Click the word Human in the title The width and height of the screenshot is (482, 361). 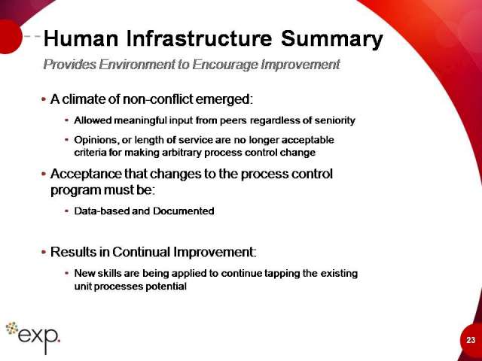tap(81, 38)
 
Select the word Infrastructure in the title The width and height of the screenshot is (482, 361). tap(199, 38)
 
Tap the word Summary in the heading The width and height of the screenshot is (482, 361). tap(331, 40)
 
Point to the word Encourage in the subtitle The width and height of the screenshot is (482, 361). tap(225, 65)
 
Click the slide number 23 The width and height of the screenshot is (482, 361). tap(471, 340)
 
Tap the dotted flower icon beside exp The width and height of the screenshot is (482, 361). tap(12, 328)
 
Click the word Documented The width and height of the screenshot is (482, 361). tap(184, 211)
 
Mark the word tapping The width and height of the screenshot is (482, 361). tap(282, 274)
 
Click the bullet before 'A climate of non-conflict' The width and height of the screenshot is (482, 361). tap(44, 99)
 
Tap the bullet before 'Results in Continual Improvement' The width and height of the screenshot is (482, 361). tap(44, 252)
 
